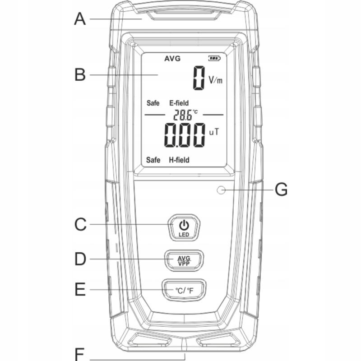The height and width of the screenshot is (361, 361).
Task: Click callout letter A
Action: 80,19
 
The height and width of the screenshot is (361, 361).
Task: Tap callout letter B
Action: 80,74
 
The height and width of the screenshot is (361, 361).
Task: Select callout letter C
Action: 80,224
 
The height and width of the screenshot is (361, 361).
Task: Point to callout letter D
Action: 80,259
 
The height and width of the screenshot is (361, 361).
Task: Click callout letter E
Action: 80,289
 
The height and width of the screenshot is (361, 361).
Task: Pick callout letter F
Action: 80,355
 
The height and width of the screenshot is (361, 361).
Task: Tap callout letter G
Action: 281,190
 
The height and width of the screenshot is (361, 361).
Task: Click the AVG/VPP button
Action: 184,260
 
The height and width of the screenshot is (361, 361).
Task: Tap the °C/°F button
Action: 184,290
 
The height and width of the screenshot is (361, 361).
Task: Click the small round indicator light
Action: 221,190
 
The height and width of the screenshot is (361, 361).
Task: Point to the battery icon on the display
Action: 214,58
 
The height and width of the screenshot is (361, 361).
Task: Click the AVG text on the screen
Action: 172,59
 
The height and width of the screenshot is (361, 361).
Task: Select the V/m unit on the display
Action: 216,80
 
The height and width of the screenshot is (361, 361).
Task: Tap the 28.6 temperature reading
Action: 183,115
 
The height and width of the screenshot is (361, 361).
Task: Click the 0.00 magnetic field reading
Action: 185,135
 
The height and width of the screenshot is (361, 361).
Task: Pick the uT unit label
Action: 214,132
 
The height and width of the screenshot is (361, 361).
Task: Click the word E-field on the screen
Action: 179,103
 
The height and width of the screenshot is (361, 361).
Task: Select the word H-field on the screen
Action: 179,160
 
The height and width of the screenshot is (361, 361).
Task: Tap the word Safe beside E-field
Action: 153,103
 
